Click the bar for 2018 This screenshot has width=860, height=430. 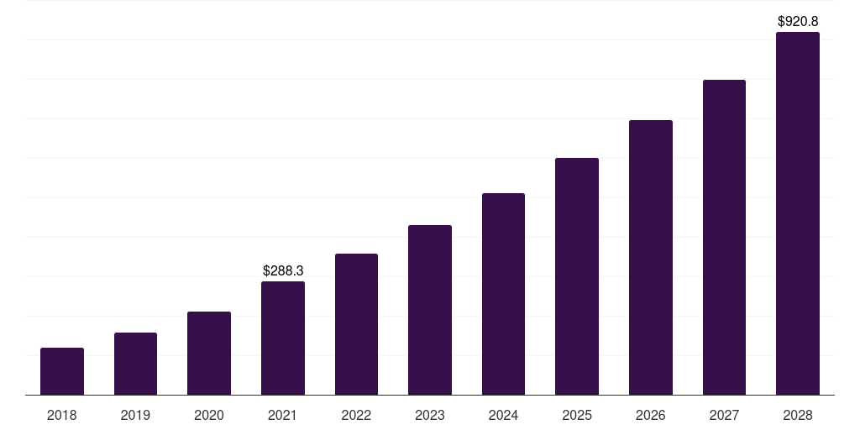click(x=62, y=371)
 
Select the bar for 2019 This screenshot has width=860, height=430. click(x=135, y=364)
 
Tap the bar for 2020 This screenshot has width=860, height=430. click(x=209, y=354)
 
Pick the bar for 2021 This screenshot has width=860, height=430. click(x=283, y=338)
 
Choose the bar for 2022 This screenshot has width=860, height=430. click(x=356, y=324)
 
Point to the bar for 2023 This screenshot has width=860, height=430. click(x=430, y=310)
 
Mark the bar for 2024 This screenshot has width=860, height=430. click(x=503, y=294)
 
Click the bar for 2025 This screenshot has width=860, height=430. click(x=577, y=276)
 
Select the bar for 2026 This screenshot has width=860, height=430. click(x=651, y=258)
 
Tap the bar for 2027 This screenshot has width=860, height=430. click(x=724, y=238)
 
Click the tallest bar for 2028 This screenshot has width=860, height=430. click(x=798, y=213)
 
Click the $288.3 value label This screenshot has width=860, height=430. click(x=283, y=271)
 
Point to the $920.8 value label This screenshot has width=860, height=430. click(x=798, y=21)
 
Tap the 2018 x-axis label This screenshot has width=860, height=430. click(x=62, y=415)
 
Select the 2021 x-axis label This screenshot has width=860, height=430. click(x=283, y=415)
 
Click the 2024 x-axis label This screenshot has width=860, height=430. click(x=503, y=415)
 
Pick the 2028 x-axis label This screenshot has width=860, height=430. click(x=798, y=415)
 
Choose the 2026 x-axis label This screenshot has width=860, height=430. click(x=651, y=415)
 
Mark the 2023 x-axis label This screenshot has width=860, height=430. click(x=430, y=415)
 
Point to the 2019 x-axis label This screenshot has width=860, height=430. click(x=135, y=415)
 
